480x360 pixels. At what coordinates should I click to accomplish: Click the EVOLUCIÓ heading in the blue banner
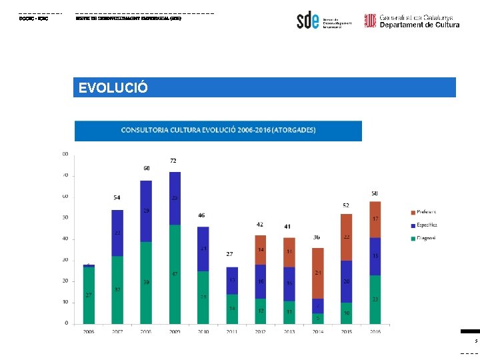111,88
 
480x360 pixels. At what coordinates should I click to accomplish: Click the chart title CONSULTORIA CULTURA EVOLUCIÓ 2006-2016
218,130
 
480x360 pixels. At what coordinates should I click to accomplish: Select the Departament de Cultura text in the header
419,25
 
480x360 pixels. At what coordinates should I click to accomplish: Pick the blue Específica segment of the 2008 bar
145,211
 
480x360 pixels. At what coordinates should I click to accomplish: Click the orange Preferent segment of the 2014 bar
317,273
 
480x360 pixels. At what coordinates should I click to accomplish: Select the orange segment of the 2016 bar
375,219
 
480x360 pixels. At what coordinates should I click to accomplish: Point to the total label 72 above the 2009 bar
173,161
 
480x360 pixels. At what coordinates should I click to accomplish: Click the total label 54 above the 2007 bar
117,198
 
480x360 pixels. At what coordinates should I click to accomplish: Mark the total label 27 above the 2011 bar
229,254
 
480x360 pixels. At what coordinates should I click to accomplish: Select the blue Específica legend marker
413,225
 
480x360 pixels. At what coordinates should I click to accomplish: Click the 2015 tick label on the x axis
346,331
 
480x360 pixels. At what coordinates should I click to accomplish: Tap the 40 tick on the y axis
65,239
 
